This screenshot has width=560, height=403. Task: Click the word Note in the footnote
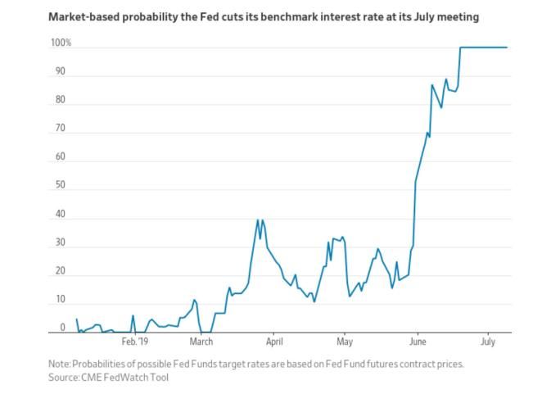[60, 363]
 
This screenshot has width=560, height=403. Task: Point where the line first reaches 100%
[461, 48]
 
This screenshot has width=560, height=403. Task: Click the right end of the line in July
[507, 48]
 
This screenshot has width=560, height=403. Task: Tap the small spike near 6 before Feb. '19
[133, 315]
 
